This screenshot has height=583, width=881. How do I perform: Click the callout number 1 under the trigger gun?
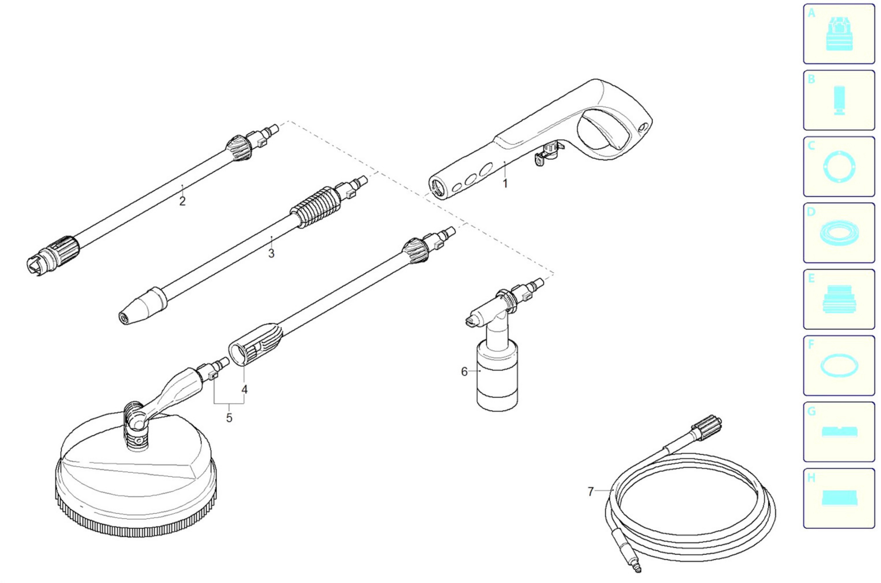[505, 184]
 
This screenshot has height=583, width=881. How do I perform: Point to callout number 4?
[244, 390]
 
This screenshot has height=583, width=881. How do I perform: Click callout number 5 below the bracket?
[229, 418]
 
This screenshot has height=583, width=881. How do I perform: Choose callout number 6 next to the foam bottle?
[464, 372]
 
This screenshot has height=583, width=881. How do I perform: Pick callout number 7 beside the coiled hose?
[590, 491]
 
